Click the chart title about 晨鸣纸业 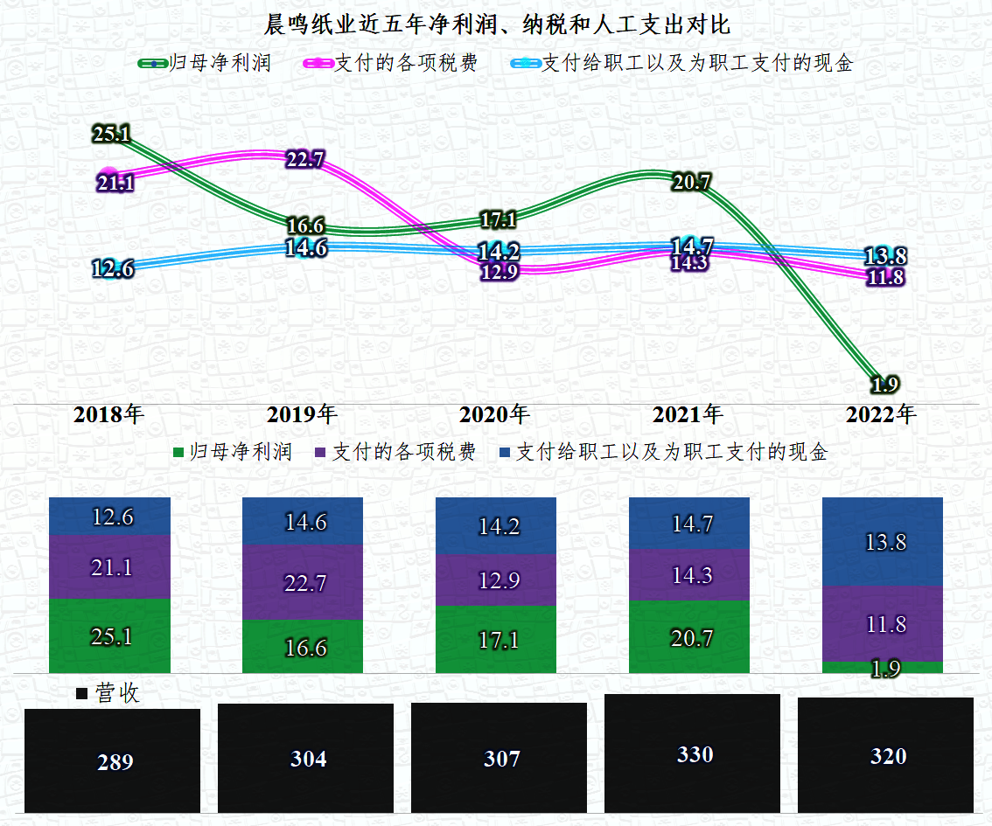pos(496,24)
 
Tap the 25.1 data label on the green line pos(111,134)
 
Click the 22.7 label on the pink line pos(305,159)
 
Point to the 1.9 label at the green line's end pos(884,384)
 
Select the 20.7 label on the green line pos(691,182)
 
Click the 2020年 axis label pos(495,414)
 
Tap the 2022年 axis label pos(881,414)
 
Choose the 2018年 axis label pos(108,414)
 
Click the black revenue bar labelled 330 pos(692,753)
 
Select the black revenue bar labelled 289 pos(113,760)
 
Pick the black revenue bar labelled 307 pos(499,757)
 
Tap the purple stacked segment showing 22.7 pos(303,582)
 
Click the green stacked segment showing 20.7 pos(689,637)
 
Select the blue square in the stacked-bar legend pos(504,453)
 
